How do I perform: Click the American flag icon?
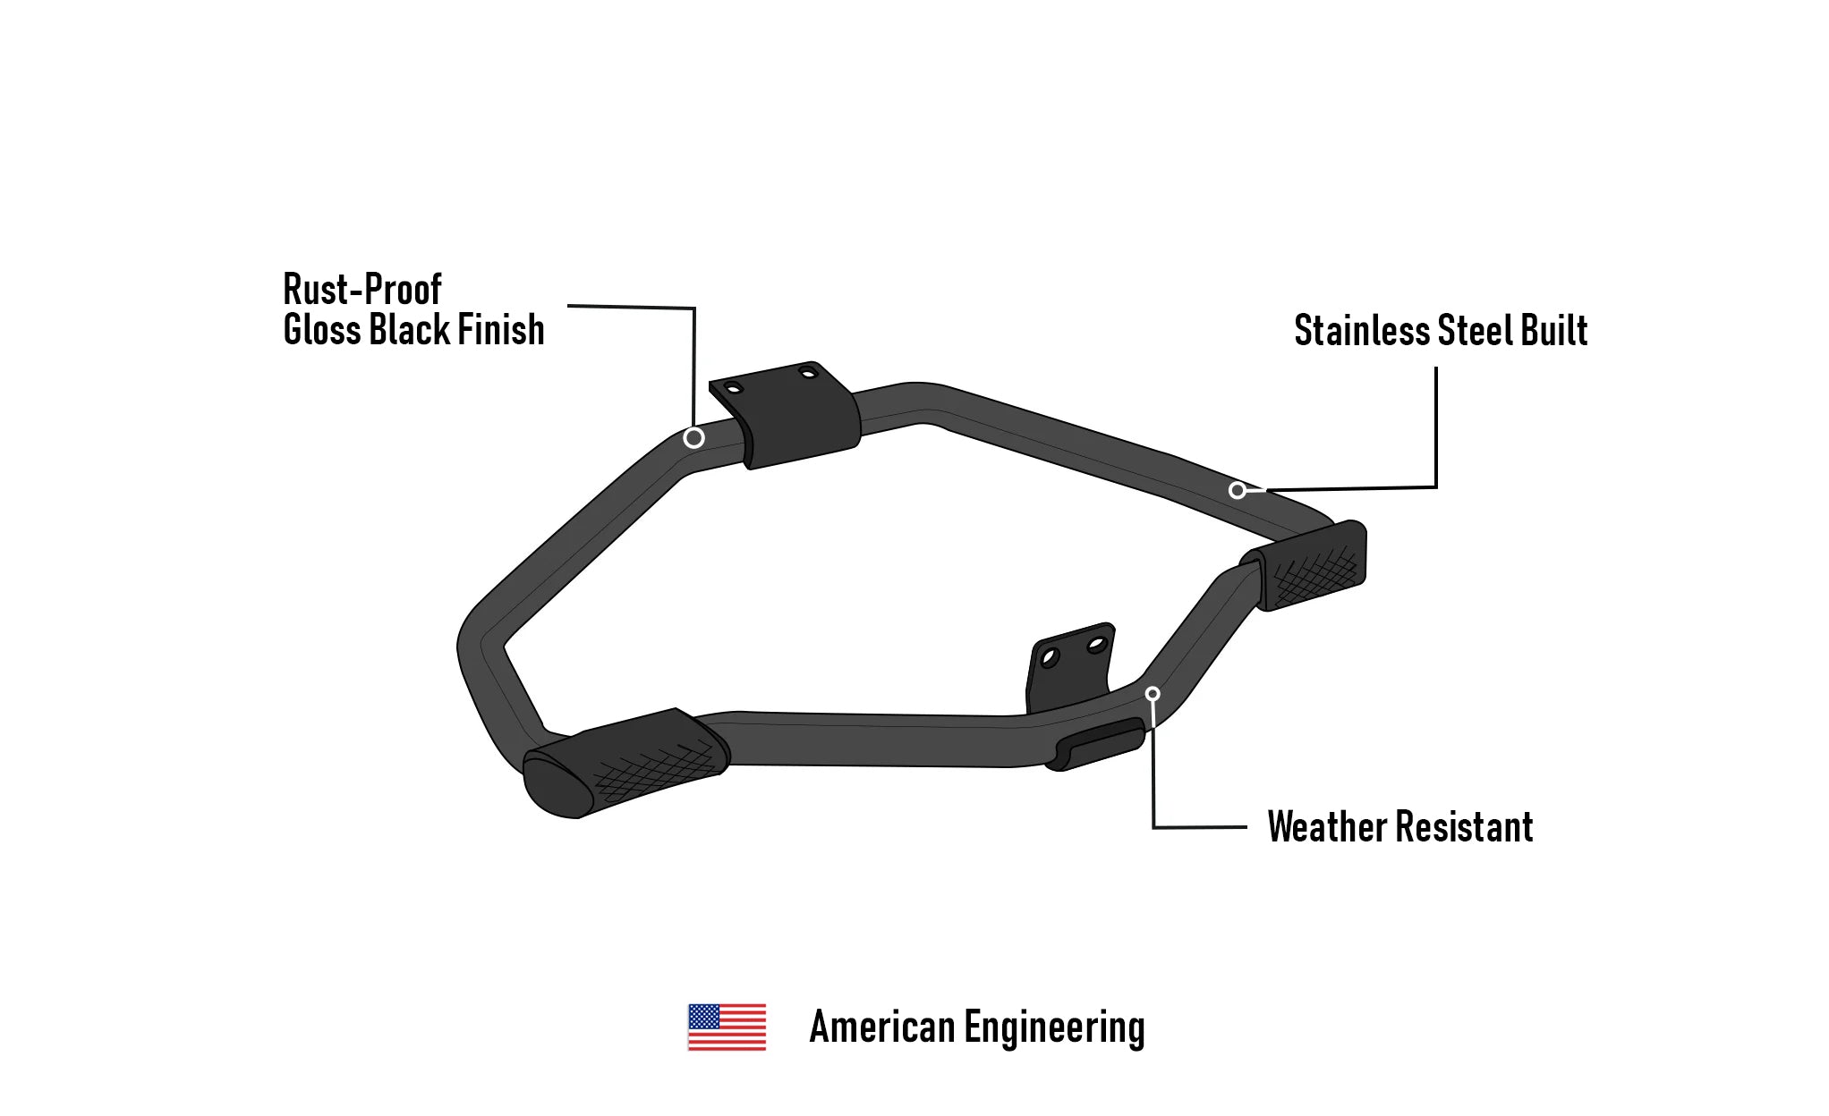(x=727, y=1027)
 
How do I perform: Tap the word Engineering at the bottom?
(x=1054, y=1027)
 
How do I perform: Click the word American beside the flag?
(x=881, y=1027)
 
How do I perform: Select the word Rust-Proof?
(x=362, y=289)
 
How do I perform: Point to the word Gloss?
(x=321, y=329)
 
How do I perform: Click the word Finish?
(x=501, y=329)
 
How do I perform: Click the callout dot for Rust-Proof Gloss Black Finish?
(x=693, y=437)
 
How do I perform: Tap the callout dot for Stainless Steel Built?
(x=1238, y=490)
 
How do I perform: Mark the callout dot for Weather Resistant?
(x=1153, y=694)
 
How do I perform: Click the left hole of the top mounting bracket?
(x=733, y=388)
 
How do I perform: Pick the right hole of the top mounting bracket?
(x=809, y=372)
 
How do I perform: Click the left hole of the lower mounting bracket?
(x=1050, y=658)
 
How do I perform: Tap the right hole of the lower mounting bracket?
(x=1096, y=644)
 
